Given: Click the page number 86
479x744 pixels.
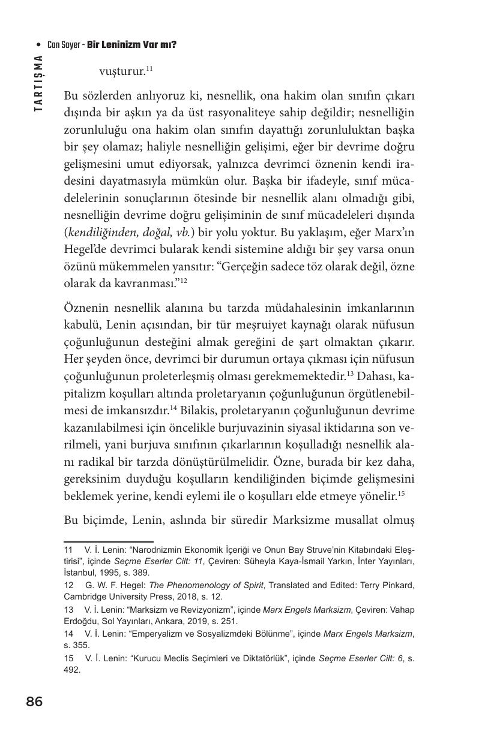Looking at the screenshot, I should click(34, 701).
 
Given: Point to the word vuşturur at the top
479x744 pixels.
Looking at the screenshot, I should click(122, 72).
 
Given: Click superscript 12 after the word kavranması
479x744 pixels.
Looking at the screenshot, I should click(184, 280).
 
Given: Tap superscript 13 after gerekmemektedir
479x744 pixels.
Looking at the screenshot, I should click(350, 373).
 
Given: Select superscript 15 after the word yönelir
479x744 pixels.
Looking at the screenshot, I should click(402, 493).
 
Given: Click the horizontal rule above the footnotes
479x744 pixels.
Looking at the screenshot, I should click(109, 541).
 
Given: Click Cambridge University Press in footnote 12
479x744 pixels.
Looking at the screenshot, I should click(119, 596).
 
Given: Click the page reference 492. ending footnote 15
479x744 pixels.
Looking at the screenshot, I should click(72, 670).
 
